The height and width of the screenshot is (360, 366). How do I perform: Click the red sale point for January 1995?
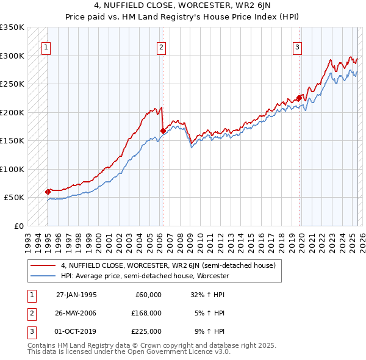(48, 192)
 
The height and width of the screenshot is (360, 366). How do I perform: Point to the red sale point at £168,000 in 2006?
(163, 130)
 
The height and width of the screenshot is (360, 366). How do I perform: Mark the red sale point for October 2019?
(299, 98)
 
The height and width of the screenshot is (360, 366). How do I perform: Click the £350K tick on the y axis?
(12, 27)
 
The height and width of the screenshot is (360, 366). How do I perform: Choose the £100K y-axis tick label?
(12, 169)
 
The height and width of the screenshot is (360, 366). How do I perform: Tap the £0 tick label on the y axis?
(18, 226)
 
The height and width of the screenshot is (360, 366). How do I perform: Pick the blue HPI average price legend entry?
(144, 276)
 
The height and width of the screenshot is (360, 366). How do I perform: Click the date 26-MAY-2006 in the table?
(76, 312)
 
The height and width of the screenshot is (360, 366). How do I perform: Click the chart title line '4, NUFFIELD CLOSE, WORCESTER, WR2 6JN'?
(182, 7)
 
